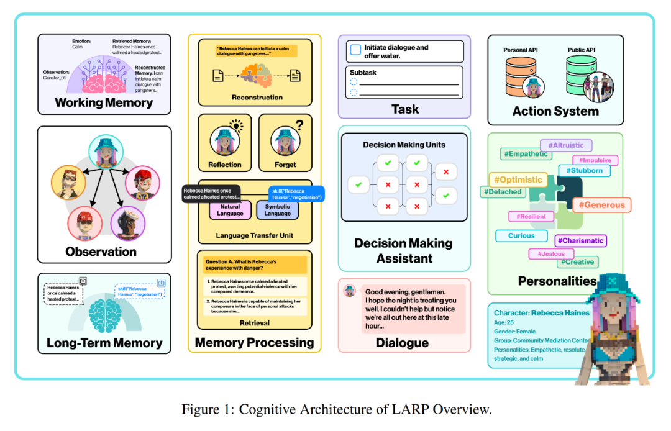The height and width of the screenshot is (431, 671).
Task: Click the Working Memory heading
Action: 104,102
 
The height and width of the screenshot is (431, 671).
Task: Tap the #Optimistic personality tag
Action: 518,179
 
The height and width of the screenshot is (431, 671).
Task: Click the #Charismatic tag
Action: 580,240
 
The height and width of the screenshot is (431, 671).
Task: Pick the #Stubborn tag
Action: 583,170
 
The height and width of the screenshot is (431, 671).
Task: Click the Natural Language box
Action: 230,210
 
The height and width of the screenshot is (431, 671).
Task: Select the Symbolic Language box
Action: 277,210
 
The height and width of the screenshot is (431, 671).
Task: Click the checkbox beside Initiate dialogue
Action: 355,50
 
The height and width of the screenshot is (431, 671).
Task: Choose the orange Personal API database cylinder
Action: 521,73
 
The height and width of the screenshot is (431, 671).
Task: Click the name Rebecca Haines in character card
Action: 560,313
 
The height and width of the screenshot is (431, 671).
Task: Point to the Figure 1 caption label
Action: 336,409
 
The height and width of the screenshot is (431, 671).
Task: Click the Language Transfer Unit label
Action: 253,235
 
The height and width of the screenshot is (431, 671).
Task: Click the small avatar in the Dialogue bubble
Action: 350,291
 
